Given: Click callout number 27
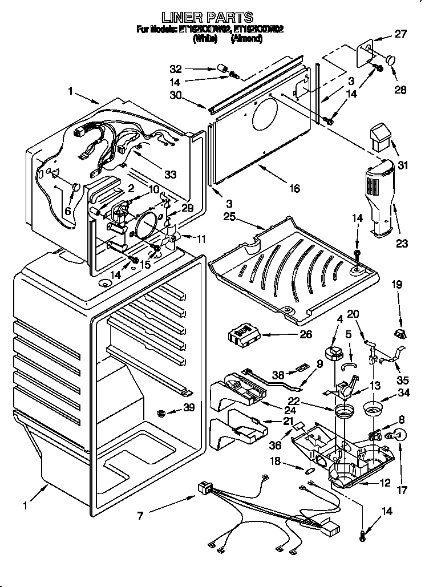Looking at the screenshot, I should tap(401, 34).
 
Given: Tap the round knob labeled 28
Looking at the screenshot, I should tap(391, 59).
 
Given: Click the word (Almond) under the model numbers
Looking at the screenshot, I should tap(246, 39).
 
